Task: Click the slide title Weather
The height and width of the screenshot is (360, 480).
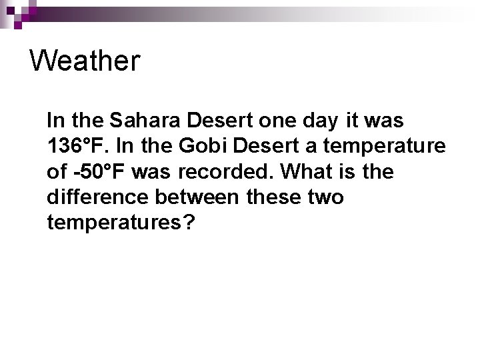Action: tap(85, 61)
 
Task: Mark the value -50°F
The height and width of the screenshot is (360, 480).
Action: tap(99, 172)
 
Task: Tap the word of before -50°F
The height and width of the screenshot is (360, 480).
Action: tap(56, 172)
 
